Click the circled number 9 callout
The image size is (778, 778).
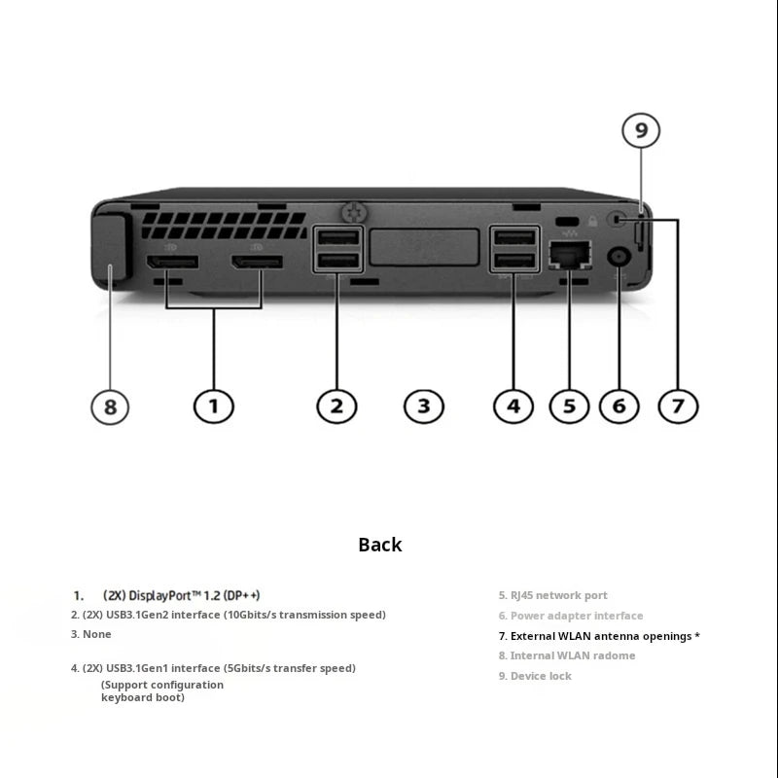point(641,130)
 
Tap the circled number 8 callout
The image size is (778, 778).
point(110,407)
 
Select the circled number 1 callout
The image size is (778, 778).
point(213,407)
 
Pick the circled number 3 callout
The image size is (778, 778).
point(424,407)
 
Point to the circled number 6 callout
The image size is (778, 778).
point(619,407)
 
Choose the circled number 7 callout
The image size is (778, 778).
point(678,407)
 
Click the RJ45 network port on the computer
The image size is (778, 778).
point(570,255)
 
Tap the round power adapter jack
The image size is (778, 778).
point(619,258)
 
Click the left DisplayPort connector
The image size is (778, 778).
point(172,263)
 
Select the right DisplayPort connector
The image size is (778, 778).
point(257,263)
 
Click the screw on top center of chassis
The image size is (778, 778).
point(355,212)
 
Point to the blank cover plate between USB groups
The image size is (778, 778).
point(425,247)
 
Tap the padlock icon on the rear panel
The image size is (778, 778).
point(592,221)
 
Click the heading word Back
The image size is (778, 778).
point(380,545)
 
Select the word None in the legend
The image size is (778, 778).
point(96,634)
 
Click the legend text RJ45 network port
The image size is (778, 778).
point(558,595)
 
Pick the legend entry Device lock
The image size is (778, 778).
point(541,676)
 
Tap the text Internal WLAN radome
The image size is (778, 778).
point(573,655)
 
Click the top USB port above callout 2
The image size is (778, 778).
point(337,237)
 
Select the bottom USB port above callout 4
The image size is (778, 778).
point(515,260)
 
